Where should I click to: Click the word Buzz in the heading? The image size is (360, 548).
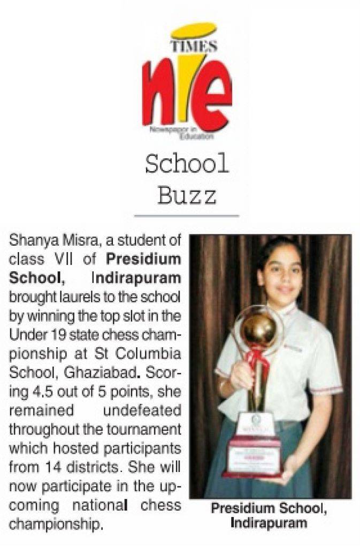(187, 195)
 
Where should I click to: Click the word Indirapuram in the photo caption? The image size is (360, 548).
(269, 522)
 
